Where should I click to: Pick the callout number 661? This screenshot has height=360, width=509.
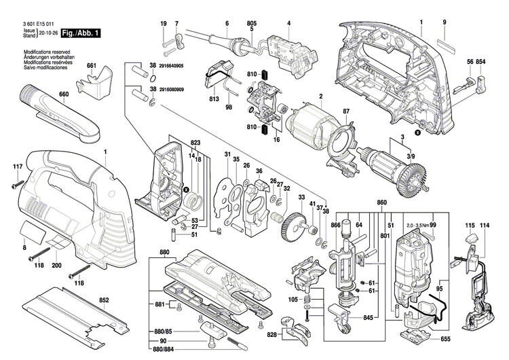pos(92,66)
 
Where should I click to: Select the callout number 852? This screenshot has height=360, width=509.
pos(104,300)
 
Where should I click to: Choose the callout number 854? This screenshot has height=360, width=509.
pos(480,62)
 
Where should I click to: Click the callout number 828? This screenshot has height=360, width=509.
pos(271,336)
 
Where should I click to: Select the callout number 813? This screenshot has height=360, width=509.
pos(214,99)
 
